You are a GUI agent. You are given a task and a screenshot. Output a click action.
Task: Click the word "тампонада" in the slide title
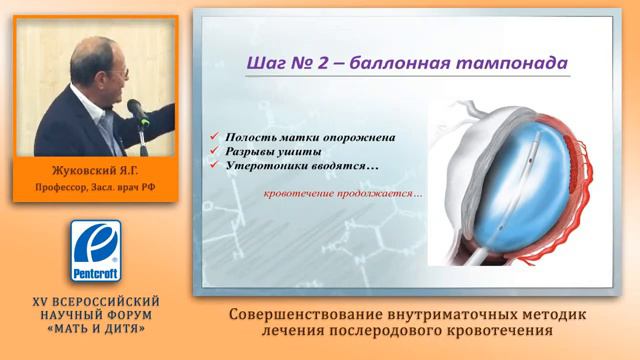tap(515, 63)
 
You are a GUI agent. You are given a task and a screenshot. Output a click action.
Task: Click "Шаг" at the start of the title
tap(266, 63)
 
